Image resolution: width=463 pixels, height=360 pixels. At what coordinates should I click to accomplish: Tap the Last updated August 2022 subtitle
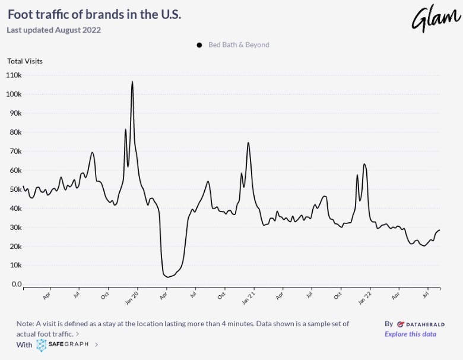coord(53,30)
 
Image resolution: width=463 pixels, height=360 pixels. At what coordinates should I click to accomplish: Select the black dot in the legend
coord(199,45)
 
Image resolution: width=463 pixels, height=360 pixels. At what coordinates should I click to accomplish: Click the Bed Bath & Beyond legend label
coord(239,45)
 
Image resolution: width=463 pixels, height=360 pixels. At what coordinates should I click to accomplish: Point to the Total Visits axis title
coord(25,61)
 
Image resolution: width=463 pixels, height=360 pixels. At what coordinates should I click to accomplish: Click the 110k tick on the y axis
coord(13,75)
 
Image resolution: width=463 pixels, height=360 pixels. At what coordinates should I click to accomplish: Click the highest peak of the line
coord(132,82)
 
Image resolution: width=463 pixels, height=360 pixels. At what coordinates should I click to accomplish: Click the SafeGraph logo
coord(64,345)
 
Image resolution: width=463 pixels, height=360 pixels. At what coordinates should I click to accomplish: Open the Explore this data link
coord(410,334)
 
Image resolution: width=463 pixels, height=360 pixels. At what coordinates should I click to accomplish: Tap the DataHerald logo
coord(417,324)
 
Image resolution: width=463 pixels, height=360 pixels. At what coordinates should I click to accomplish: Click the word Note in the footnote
coord(25,324)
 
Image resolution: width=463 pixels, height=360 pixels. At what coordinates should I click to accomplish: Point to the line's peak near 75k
coord(248,143)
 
